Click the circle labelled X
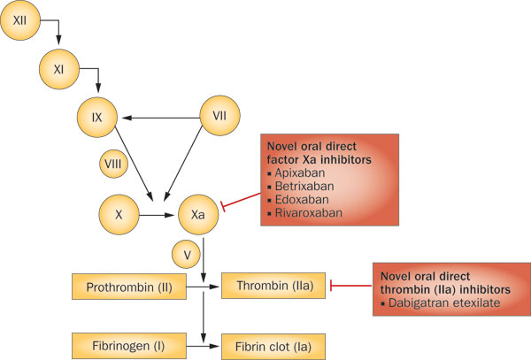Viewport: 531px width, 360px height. point(118,213)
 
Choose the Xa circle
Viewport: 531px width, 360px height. point(199,213)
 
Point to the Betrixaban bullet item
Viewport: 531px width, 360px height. point(302,188)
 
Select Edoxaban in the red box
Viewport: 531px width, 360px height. point(300,201)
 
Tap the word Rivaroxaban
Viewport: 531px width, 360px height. point(306,214)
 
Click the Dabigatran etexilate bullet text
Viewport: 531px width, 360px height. point(437,303)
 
